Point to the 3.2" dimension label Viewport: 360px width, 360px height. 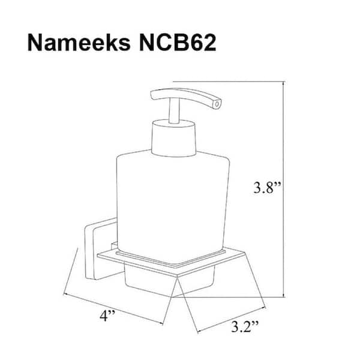[x=244, y=327]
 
